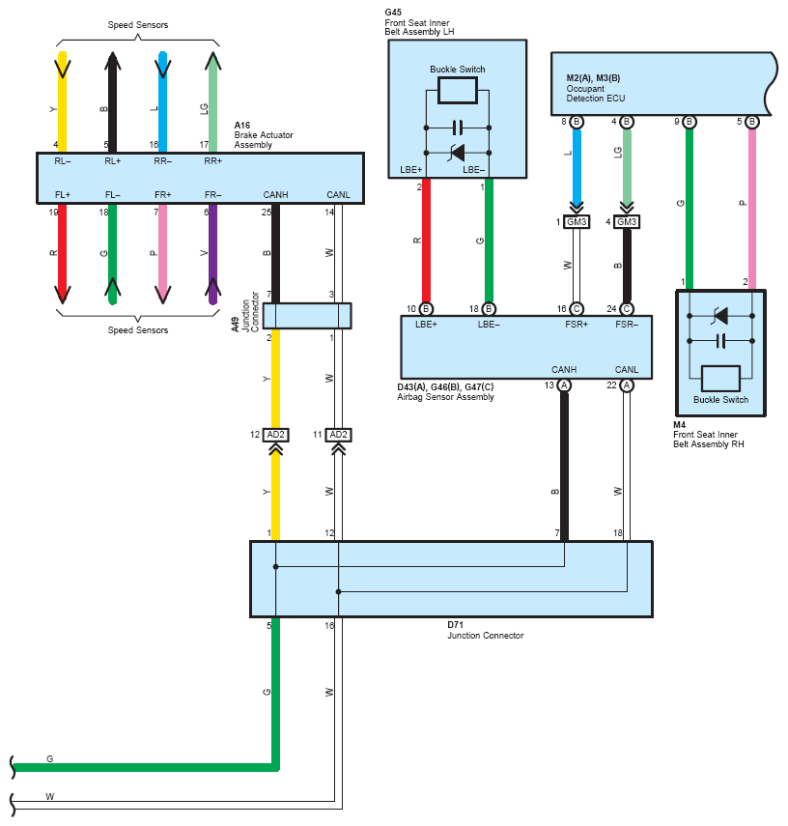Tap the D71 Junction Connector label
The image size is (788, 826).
(x=485, y=630)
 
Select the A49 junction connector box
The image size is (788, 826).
(x=307, y=316)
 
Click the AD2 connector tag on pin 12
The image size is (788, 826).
(x=275, y=435)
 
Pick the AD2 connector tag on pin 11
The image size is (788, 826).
(x=338, y=435)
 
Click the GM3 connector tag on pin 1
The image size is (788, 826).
(x=577, y=222)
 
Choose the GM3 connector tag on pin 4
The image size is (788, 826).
(x=627, y=222)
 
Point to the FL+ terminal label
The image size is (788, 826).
(x=62, y=195)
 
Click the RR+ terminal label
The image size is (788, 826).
(x=212, y=161)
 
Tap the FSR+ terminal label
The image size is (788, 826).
(x=577, y=325)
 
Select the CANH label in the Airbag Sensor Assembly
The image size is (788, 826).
(x=564, y=370)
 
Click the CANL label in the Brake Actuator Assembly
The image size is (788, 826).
(x=338, y=195)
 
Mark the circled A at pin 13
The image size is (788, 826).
(x=564, y=385)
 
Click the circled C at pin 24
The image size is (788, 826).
(x=627, y=309)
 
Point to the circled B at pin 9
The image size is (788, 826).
(x=689, y=122)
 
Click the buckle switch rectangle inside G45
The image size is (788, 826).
(x=458, y=90)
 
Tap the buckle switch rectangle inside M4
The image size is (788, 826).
(x=720, y=379)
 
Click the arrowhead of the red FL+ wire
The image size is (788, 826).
(x=62, y=295)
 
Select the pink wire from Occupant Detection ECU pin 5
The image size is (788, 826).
(x=752, y=209)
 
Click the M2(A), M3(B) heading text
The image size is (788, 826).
(x=593, y=78)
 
